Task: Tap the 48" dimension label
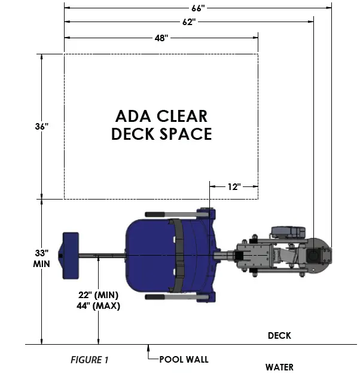[x=161, y=38]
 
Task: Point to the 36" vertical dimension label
[x=41, y=126]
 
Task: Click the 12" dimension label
[x=234, y=186]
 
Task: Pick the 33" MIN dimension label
[x=41, y=257]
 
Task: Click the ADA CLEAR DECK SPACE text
[x=161, y=125]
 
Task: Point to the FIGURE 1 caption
[x=90, y=360]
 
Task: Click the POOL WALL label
[x=184, y=360]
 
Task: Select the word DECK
[x=279, y=336]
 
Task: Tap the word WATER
[x=279, y=367]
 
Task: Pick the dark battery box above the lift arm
[x=288, y=231]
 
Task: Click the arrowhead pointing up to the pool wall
[x=149, y=348]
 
